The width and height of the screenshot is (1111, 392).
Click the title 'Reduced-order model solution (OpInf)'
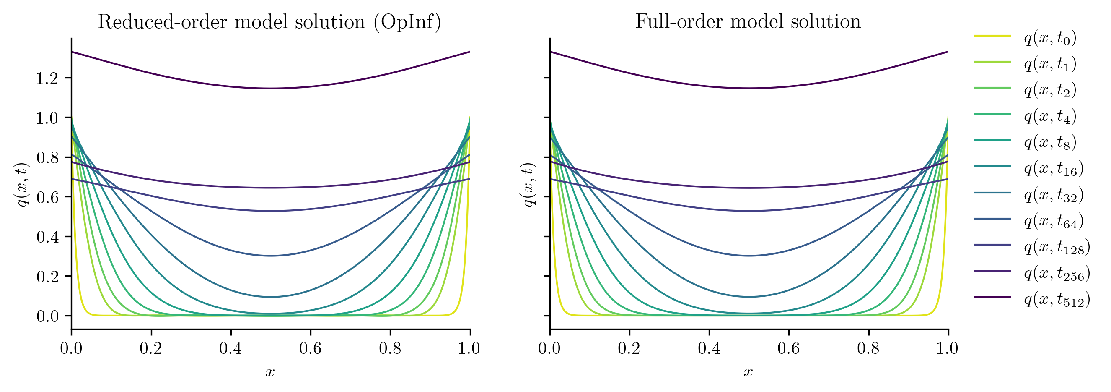[269, 21]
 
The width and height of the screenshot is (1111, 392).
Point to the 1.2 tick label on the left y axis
[47, 78]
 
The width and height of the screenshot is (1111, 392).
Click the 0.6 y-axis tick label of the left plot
[47, 197]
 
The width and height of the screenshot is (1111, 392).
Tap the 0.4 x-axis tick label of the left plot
[230, 348]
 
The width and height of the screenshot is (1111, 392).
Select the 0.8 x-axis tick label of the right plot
[868, 348]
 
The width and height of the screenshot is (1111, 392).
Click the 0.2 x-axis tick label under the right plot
[629, 348]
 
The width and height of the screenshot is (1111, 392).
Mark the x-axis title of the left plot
[270, 372]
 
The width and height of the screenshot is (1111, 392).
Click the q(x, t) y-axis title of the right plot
[530, 184]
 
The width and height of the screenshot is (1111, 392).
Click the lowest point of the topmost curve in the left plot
[270, 89]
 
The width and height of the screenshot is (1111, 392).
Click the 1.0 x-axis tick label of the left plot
[470, 348]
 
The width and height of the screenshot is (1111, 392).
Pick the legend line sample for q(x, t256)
[992, 271]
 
